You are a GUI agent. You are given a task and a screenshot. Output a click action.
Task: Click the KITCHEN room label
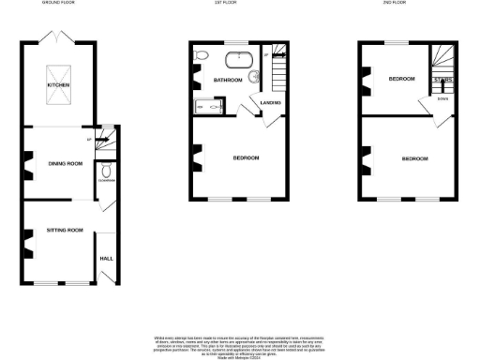(x=59, y=85)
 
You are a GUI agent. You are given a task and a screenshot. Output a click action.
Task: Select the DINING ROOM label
(x=65, y=164)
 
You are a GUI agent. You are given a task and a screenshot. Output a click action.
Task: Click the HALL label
(x=106, y=256)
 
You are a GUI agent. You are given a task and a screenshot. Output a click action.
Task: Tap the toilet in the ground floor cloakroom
(x=108, y=172)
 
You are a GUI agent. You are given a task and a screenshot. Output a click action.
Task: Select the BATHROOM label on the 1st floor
(x=228, y=81)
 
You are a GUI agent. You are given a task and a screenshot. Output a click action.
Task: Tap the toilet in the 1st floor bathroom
(x=200, y=57)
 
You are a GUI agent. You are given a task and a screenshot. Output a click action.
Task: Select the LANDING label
(x=272, y=101)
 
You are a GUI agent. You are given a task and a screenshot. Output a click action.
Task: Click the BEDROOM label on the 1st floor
(x=246, y=157)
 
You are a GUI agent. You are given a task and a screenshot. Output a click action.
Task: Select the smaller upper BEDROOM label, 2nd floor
(x=402, y=80)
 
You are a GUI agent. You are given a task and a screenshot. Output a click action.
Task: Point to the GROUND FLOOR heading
(x=58, y=4)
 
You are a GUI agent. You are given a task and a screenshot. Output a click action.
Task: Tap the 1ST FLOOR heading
(x=239, y=4)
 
